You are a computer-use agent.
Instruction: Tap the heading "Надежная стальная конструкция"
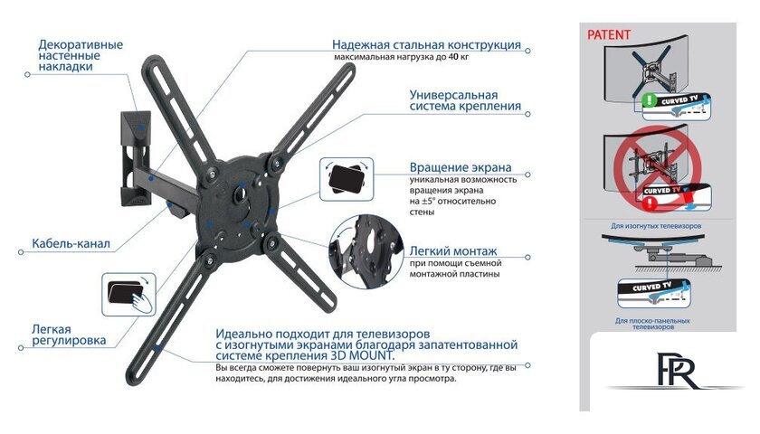[425, 44]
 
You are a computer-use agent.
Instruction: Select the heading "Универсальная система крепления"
[465, 100]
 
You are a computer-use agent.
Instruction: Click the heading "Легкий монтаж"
[452, 251]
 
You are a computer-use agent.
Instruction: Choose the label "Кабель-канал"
[71, 243]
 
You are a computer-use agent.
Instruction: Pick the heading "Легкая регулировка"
[68, 335]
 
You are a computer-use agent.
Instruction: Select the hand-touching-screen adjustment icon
[128, 294]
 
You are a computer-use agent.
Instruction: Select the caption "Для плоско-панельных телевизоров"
[652, 324]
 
